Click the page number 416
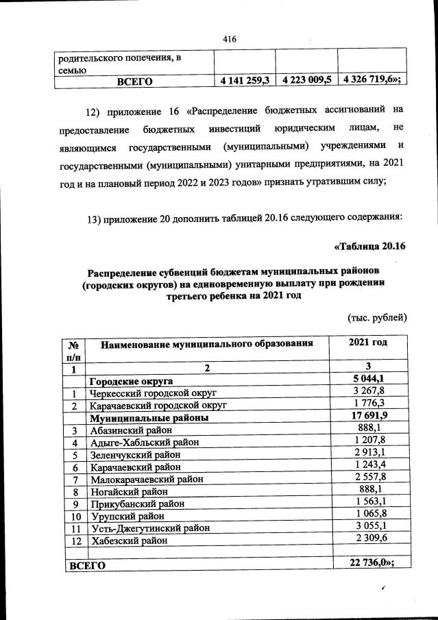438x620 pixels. click(x=230, y=39)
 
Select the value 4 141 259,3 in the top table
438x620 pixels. click(x=244, y=80)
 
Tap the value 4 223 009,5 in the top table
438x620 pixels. click(x=306, y=80)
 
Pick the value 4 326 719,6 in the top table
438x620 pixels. click(x=370, y=80)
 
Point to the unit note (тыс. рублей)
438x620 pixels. click(x=377, y=317)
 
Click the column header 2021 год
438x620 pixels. click(x=368, y=343)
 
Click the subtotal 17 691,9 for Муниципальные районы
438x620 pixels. click(x=369, y=417)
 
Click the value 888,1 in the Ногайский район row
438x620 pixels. click(x=369, y=491)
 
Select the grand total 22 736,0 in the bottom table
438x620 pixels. click(x=370, y=564)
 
